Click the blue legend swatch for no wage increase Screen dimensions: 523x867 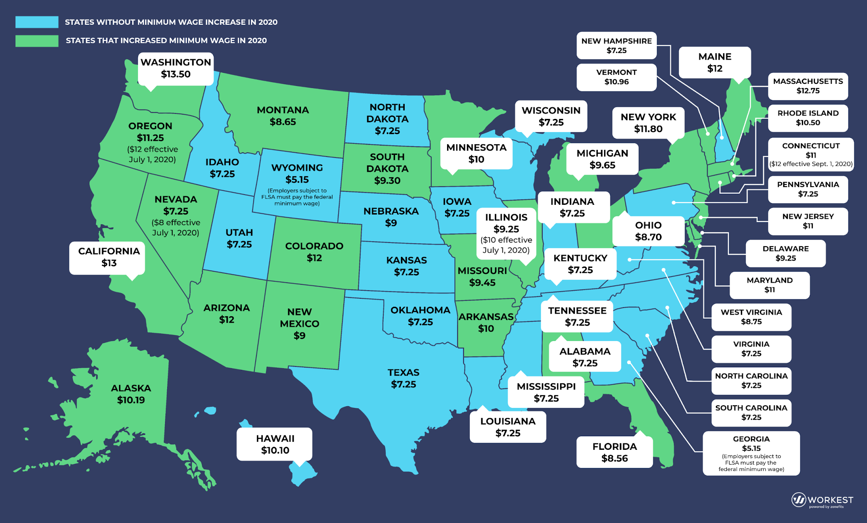[37, 22]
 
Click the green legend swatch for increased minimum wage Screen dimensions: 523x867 [37, 41]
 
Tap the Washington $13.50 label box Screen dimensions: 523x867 [176, 69]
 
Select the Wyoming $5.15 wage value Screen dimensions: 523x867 [297, 179]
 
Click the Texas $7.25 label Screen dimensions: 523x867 [403, 378]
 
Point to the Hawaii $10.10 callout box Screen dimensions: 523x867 [275, 444]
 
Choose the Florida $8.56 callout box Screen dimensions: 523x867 [614, 452]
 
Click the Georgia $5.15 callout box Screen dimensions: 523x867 [751, 453]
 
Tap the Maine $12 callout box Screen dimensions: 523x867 [715, 62]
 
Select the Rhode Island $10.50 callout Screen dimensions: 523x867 [808, 118]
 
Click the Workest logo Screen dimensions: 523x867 [822, 500]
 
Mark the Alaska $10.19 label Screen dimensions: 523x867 [131, 394]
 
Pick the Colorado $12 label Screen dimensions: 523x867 [314, 252]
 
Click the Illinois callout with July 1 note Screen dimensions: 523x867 [506, 234]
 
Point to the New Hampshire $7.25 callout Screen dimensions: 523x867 [616, 46]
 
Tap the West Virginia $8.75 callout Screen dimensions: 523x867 [751, 317]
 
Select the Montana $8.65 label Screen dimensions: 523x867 [283, 116]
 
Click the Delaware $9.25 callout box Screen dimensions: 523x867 [785, 253]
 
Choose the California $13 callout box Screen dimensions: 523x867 [108, 257]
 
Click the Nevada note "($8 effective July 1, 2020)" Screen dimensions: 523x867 [176, 228]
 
